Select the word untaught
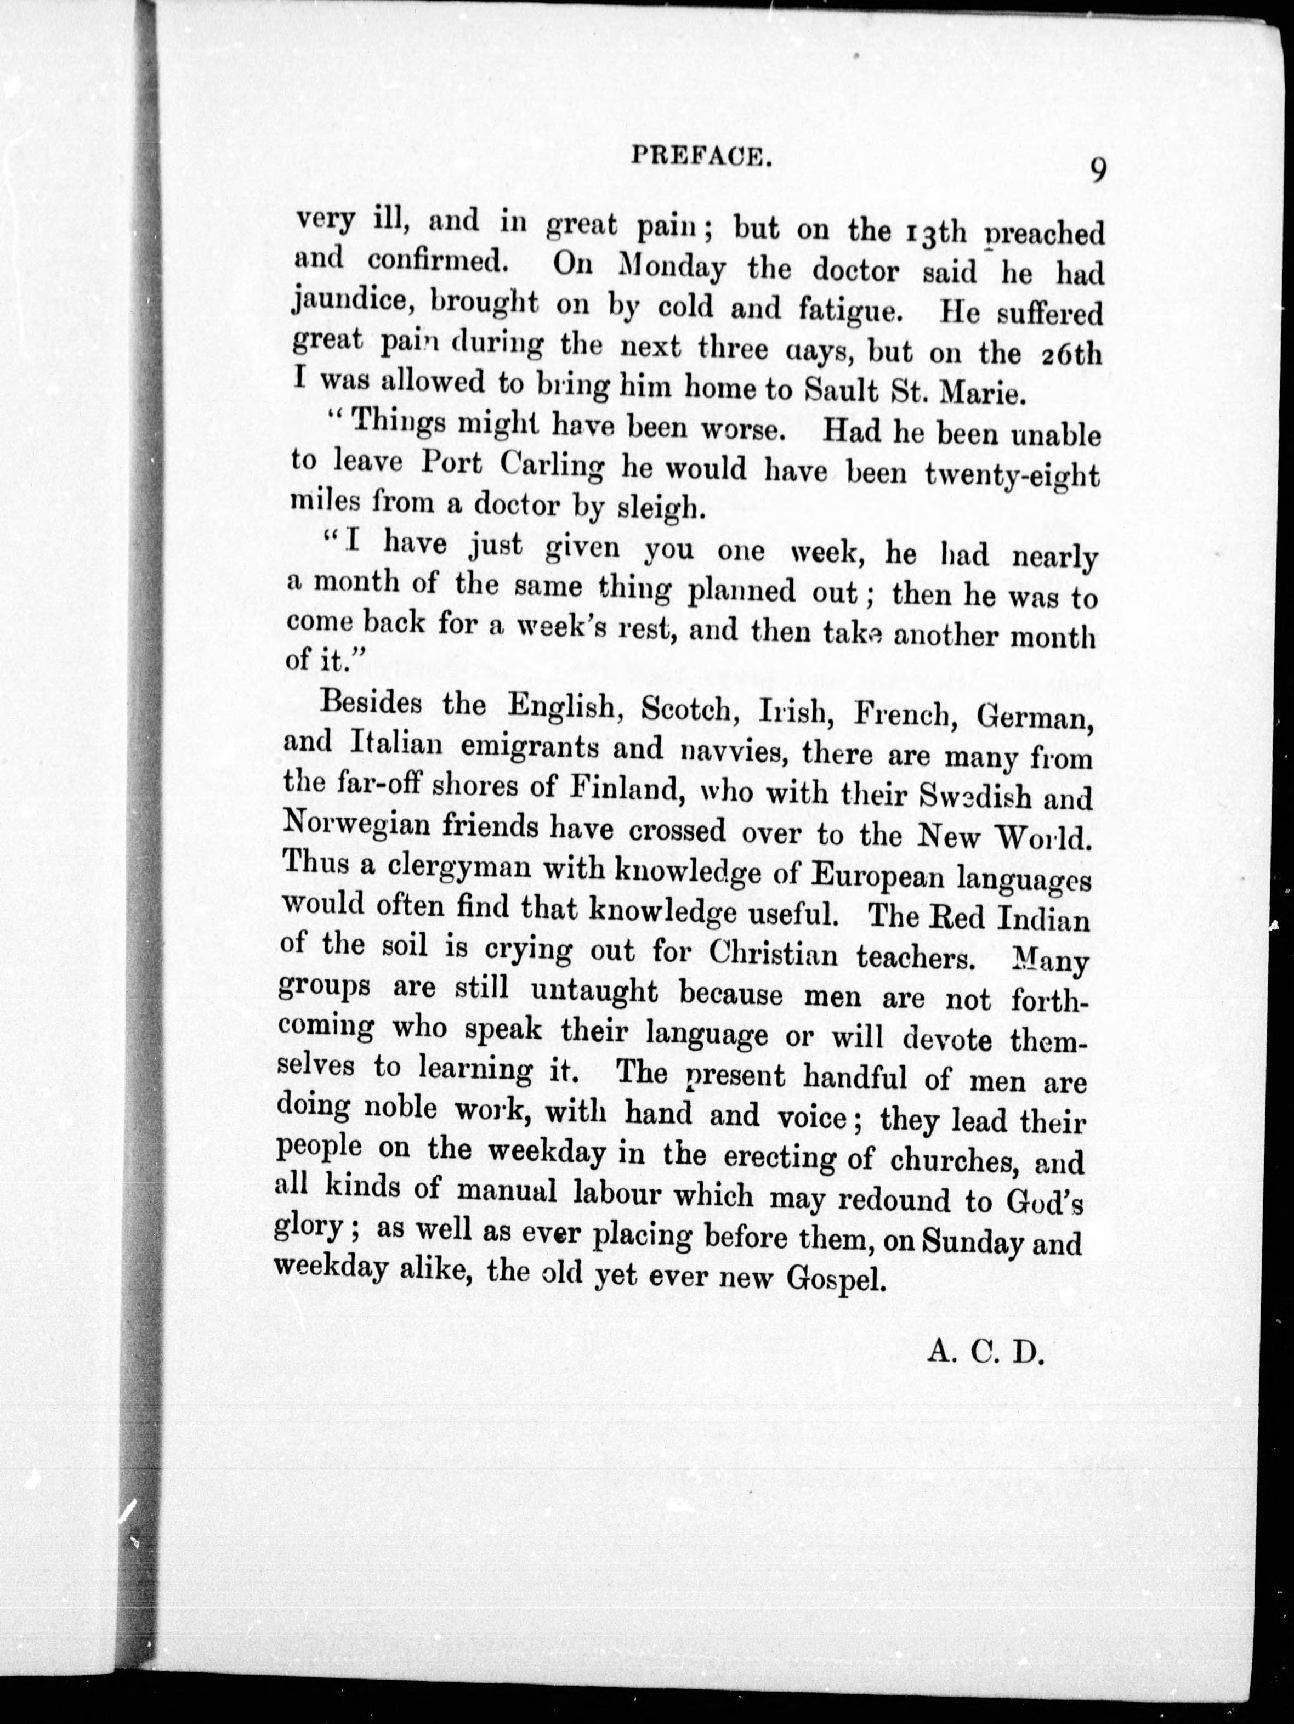click(x=595, y=992)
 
